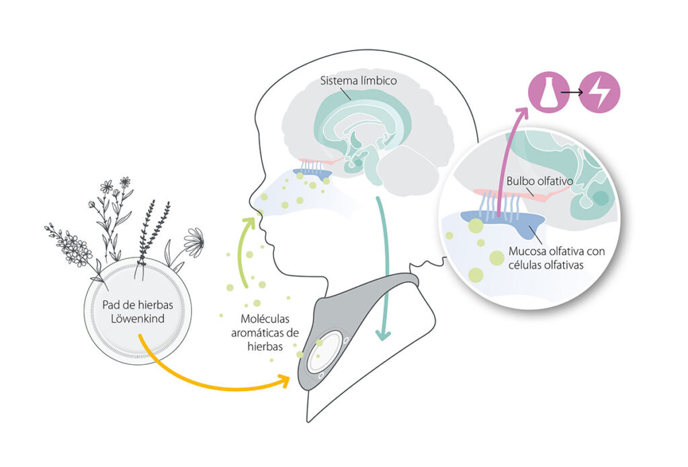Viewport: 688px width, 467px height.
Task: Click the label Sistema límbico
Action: [358, 81]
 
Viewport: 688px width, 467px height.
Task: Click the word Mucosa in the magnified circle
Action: [527, 252]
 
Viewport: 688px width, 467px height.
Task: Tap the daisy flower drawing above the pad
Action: [194, 240]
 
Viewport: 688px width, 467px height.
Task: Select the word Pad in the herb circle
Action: [112, 304]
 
